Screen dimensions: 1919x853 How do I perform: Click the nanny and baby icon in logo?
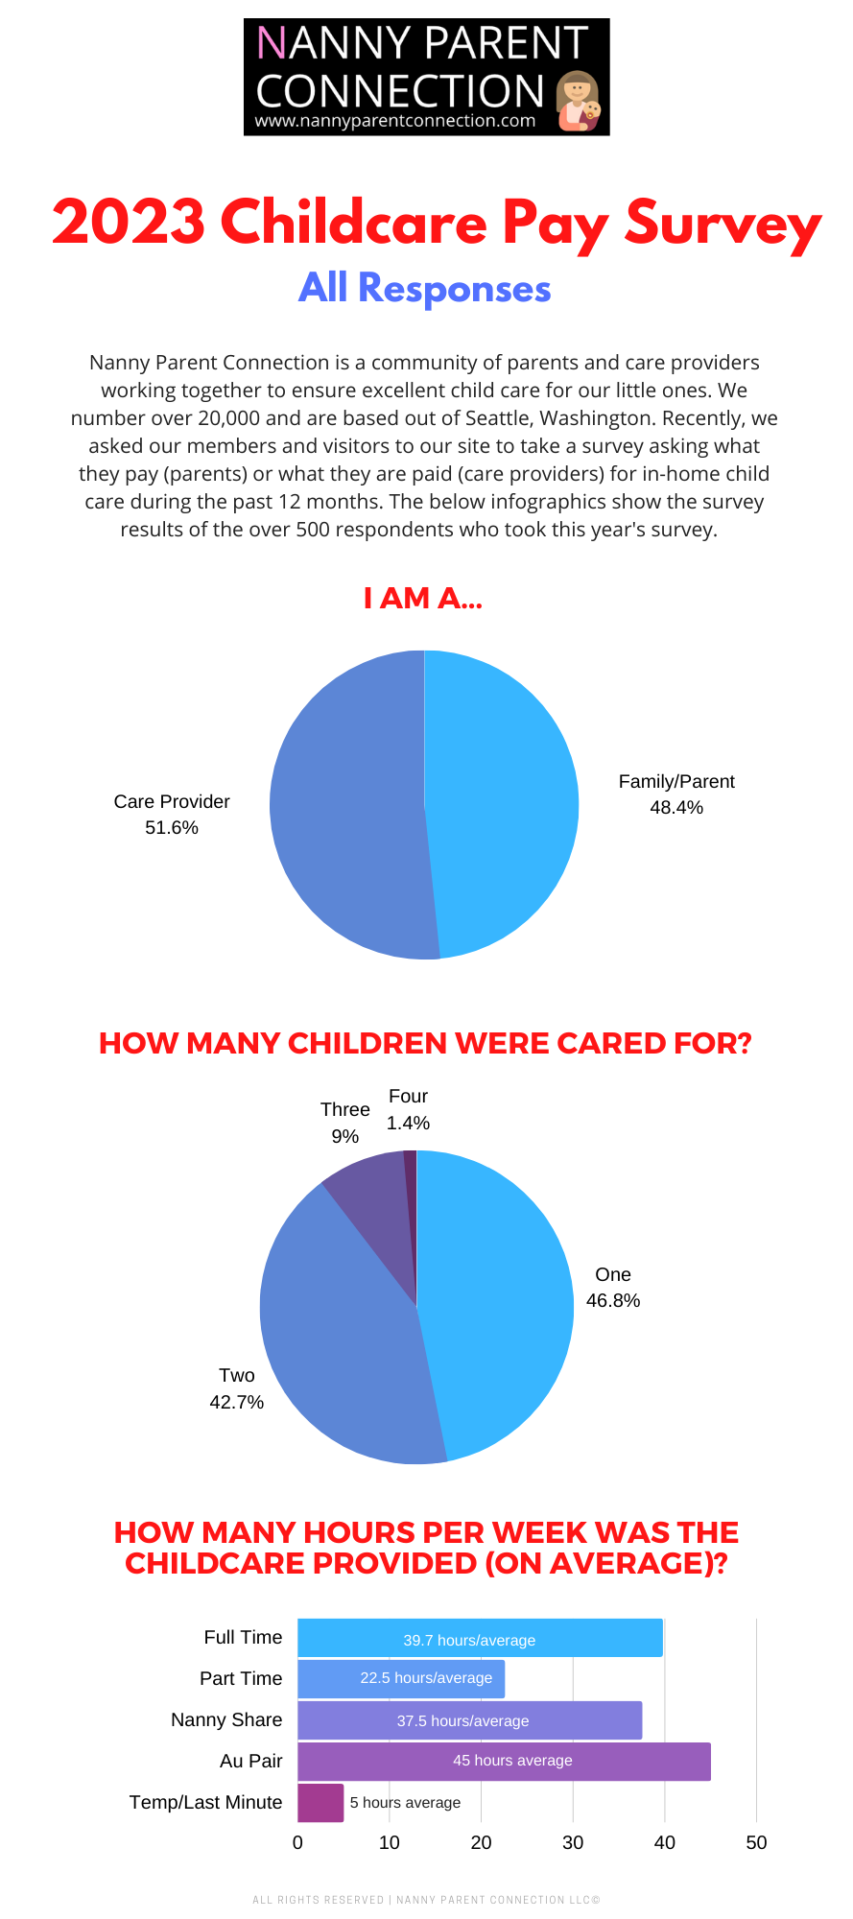(579, 101)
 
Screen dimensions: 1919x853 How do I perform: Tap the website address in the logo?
(394, 122)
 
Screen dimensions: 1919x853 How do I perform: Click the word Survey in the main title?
(723, 223)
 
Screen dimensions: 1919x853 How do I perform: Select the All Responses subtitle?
(424, 288)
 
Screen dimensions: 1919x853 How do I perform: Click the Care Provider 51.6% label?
(172, 815)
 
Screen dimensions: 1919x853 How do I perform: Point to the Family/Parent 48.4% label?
(676, 794)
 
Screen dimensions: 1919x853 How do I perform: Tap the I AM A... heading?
(423, 599)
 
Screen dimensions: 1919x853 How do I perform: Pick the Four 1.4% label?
(408, 1109)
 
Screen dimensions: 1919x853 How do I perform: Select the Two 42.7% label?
(236, 1388)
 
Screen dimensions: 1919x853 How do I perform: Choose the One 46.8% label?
(613, 1288)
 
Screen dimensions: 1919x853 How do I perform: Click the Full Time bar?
(480, 1638)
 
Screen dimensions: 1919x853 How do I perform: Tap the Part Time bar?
(401, 1679)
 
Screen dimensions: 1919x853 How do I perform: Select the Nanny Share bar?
(469, 1720)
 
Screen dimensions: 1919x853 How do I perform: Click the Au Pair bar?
(504, 1762)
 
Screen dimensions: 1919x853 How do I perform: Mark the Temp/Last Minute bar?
(320, 1803)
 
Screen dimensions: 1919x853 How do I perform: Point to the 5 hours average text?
(405, 1803)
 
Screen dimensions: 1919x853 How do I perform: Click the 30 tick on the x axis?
(573, 1842)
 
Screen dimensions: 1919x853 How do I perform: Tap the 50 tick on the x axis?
(756, 1842)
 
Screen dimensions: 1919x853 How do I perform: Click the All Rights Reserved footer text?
(426, 1900)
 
